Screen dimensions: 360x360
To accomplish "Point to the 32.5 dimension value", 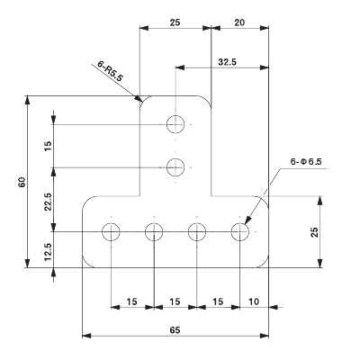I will [229, 62].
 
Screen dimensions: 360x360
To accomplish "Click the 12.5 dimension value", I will [48, 249].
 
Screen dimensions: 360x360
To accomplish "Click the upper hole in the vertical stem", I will [176, 124].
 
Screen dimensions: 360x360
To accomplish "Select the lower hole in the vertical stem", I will [176, 166].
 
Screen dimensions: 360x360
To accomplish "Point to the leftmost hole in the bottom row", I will [111, 233].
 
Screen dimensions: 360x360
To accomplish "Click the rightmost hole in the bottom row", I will [239, 233].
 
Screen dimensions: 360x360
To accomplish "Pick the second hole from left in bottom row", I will [154, 233].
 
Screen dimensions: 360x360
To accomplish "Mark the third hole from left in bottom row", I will [197, 233].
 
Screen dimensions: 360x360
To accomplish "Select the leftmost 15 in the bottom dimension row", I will [132, 301].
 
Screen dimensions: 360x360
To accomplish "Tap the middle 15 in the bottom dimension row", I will [175, 301].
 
